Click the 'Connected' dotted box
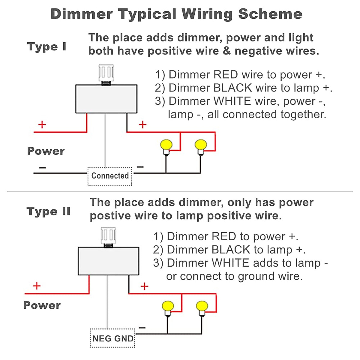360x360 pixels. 110,176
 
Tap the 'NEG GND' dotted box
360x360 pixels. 112,338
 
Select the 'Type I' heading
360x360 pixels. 46,47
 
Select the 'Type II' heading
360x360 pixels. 48,211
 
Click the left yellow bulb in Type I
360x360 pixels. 166,145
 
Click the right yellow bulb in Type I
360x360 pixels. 201,145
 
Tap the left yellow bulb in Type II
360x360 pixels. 168,307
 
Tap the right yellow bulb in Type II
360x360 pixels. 202,307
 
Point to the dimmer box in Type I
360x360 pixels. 106,99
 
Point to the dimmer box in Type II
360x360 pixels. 108,261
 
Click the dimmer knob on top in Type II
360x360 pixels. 108,236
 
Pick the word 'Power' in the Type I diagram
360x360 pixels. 46,151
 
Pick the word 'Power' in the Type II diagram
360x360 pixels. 42,305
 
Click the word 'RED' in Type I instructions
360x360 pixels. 225,75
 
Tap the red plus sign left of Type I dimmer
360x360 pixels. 42,124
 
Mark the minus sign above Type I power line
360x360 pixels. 42,167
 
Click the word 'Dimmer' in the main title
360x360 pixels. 82,14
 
